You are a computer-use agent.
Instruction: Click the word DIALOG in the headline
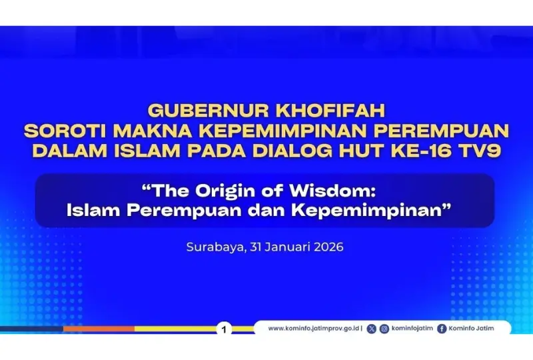(x=292, y=151)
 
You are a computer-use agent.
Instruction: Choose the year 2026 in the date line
(x=328, y=247)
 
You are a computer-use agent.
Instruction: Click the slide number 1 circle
(x=224, y=329)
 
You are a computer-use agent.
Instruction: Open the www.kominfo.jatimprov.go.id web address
(x=314, y=329)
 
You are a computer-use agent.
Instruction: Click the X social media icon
(x=372, y=329)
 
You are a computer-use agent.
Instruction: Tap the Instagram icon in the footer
(x=384, y=329)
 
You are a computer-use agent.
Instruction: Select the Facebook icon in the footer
(x=442, y=329)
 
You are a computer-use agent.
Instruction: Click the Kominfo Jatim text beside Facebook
(x=471, y=329)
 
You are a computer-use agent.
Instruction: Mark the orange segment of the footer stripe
(x=99, y=329)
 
